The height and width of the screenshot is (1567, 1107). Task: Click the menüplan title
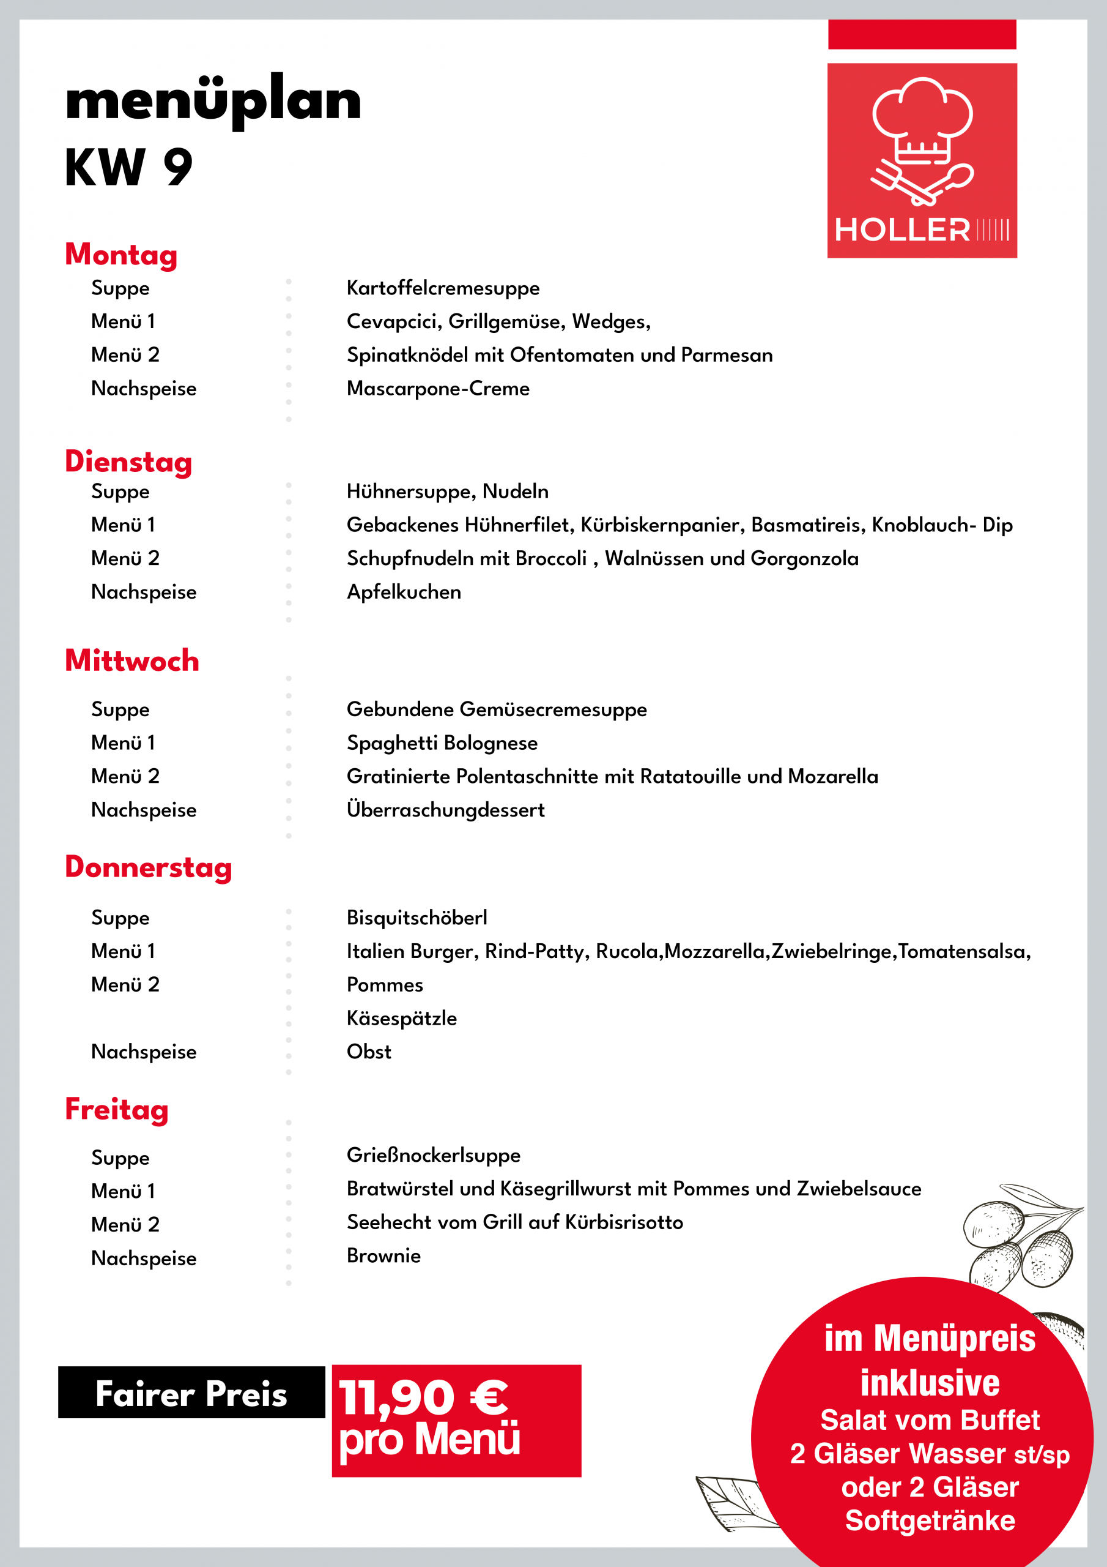213,101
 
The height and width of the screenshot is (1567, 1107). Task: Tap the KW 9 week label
129,167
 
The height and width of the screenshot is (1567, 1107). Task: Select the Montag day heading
122,255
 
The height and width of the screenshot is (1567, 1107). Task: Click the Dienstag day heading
128,462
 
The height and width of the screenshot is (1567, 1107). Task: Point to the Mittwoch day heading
132,660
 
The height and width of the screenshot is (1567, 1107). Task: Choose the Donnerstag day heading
149,867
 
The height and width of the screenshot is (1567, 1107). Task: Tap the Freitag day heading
117,1110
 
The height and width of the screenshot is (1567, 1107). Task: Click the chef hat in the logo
922,119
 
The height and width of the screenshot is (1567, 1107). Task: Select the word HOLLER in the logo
902,230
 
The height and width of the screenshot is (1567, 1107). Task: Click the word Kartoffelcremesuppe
443,288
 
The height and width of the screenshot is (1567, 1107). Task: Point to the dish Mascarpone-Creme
438,388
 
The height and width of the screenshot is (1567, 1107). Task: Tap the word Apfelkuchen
404,592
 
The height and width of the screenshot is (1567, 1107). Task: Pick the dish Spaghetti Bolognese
442,742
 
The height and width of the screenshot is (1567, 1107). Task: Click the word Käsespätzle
402,1019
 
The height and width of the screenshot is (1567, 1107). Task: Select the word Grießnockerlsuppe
433,1156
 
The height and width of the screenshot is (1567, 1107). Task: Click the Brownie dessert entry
383,1256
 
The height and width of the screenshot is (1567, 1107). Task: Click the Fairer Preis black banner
191,1393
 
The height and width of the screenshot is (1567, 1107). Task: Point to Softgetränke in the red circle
930,1520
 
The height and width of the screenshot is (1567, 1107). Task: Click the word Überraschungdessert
445,810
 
